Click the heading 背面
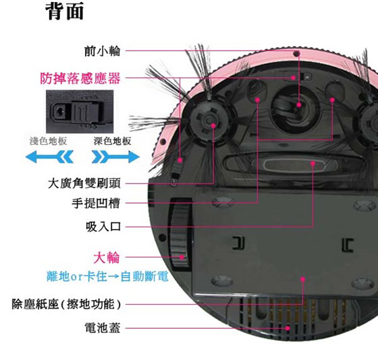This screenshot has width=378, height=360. pos(65,11)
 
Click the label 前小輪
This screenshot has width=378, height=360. pos(102,51)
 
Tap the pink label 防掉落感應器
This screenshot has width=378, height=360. pos(80,78)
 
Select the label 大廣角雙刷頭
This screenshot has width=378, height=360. pos(84,183)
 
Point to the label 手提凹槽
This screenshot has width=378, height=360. pos(96,203)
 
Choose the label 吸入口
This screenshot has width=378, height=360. pos(103,227)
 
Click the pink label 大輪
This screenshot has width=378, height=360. pos(107,258)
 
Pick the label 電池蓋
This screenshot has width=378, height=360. pos(102,328)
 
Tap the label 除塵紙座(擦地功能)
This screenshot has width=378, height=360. pos(66,304)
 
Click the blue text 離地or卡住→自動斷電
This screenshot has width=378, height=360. pos(107,276)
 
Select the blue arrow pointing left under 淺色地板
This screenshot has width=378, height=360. pos(49,157)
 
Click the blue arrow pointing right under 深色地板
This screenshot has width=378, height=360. pos(115,157)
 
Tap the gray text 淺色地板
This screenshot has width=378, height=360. pos(48,141)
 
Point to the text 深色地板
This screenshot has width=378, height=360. pos(113,141)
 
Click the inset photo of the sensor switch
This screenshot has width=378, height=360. pos(80,111)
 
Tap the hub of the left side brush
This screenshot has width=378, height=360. pos(209,122)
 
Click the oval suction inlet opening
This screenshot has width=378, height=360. pos(294,164)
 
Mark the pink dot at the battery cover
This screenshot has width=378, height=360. pos(288,328)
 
